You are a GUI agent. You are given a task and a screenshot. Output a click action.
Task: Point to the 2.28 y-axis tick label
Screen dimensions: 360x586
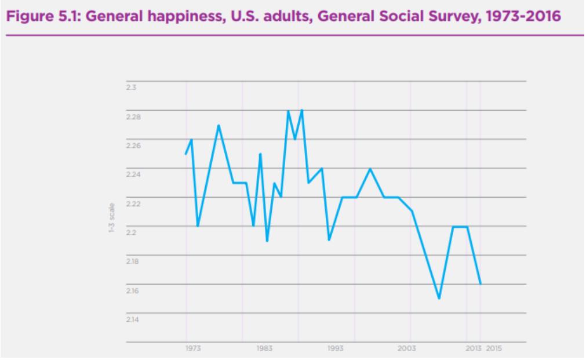[133, 117]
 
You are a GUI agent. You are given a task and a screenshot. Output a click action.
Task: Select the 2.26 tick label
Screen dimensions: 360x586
[133, 146]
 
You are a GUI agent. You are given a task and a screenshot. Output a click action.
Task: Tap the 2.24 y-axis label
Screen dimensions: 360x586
[133, 174]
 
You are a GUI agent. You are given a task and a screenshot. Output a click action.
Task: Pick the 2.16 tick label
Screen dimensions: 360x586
[133, 290]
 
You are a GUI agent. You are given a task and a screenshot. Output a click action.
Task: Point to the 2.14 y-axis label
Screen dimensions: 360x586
[133, 319]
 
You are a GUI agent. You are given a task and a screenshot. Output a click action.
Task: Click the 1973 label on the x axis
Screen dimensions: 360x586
[194, 348]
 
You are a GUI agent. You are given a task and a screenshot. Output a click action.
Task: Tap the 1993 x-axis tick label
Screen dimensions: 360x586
[336, 348]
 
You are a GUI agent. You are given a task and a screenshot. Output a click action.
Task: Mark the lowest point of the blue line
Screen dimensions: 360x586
[439, 298]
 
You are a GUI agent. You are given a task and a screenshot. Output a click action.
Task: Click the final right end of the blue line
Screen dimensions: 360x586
[481, 284]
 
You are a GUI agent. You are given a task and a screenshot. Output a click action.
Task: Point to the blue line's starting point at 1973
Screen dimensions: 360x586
[185, 154]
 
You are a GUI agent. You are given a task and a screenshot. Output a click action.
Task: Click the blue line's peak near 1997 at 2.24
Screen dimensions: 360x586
[370, 169]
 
